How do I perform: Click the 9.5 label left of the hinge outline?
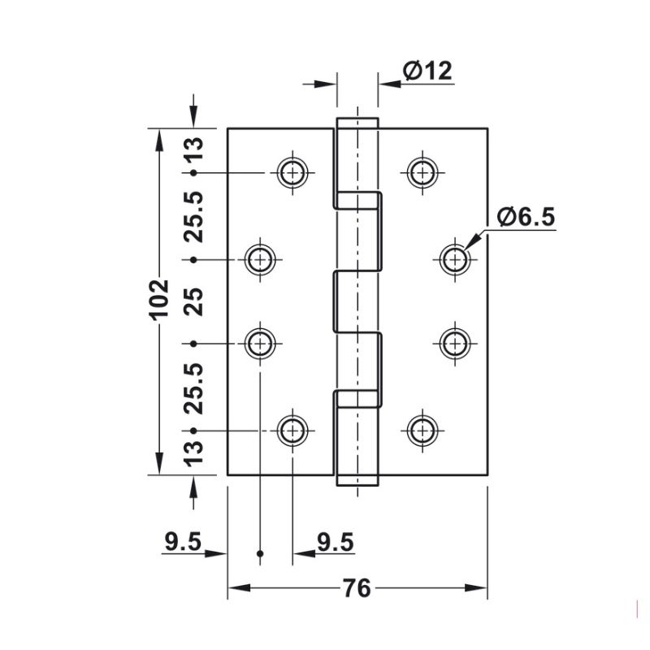click(182, 543)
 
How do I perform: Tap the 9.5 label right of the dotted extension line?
click(334, 543)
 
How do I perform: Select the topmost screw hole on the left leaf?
click(292, 171)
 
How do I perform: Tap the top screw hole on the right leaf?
click(421, 171)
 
